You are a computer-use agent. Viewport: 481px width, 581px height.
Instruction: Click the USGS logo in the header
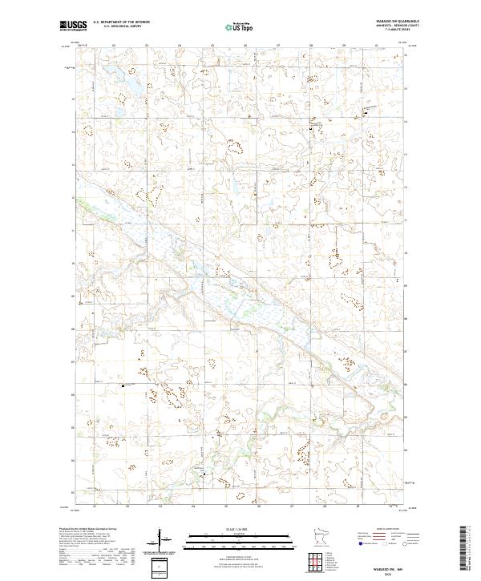pos(71,26)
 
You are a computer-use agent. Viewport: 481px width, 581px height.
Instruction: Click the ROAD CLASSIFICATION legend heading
pos(390,530)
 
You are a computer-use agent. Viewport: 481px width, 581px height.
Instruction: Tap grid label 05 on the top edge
pos(212,46)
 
